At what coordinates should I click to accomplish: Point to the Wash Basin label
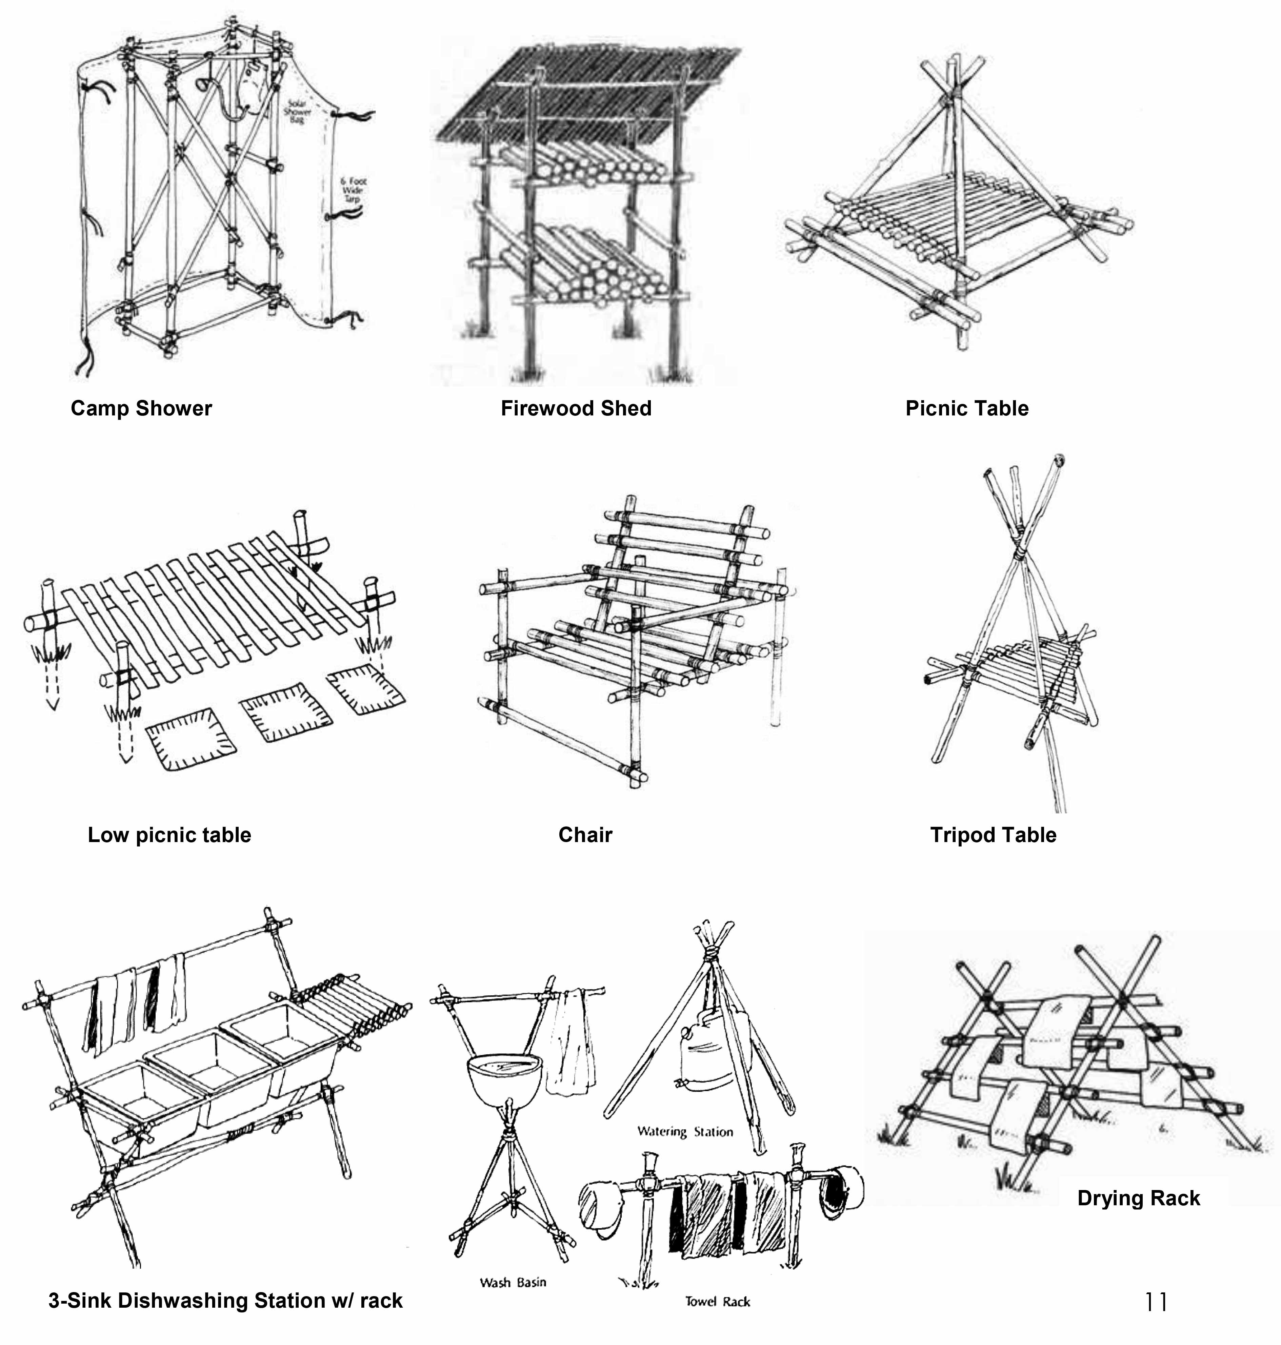(x=513, y=1282)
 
